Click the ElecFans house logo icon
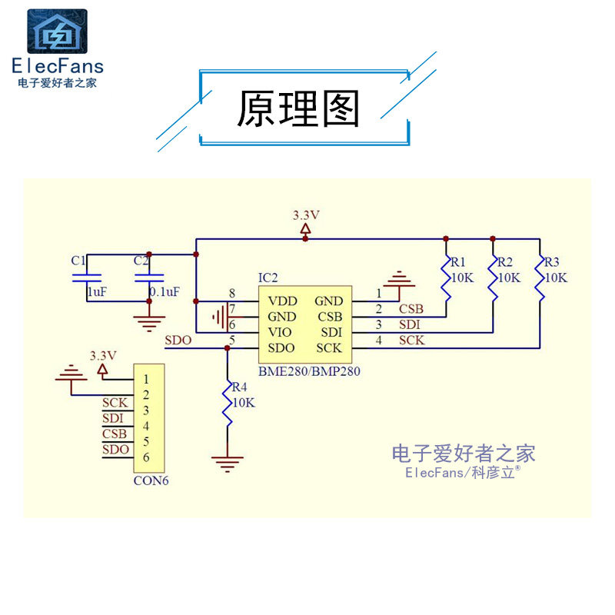tap(57, 32)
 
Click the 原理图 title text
tap(298, 108)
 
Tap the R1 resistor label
tap(457, 262)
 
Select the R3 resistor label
tap(551, 262)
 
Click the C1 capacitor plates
tap(87, 278)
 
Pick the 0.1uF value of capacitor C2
tap(165, 292)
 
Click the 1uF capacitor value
tap(97, 292)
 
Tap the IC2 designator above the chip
tap(268, 278)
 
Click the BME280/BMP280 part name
tap(309, 371)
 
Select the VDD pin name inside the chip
tap(282, 301)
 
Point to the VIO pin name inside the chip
tap(280, 333)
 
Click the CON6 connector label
tap(151, 481)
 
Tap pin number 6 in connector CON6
tap(146, 457)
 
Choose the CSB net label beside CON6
tap(114, 434)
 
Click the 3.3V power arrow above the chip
tap(305, 228)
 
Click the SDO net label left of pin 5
tap(178, 341)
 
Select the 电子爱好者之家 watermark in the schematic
tap(464, 454)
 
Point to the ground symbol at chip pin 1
tap(399, 279)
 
